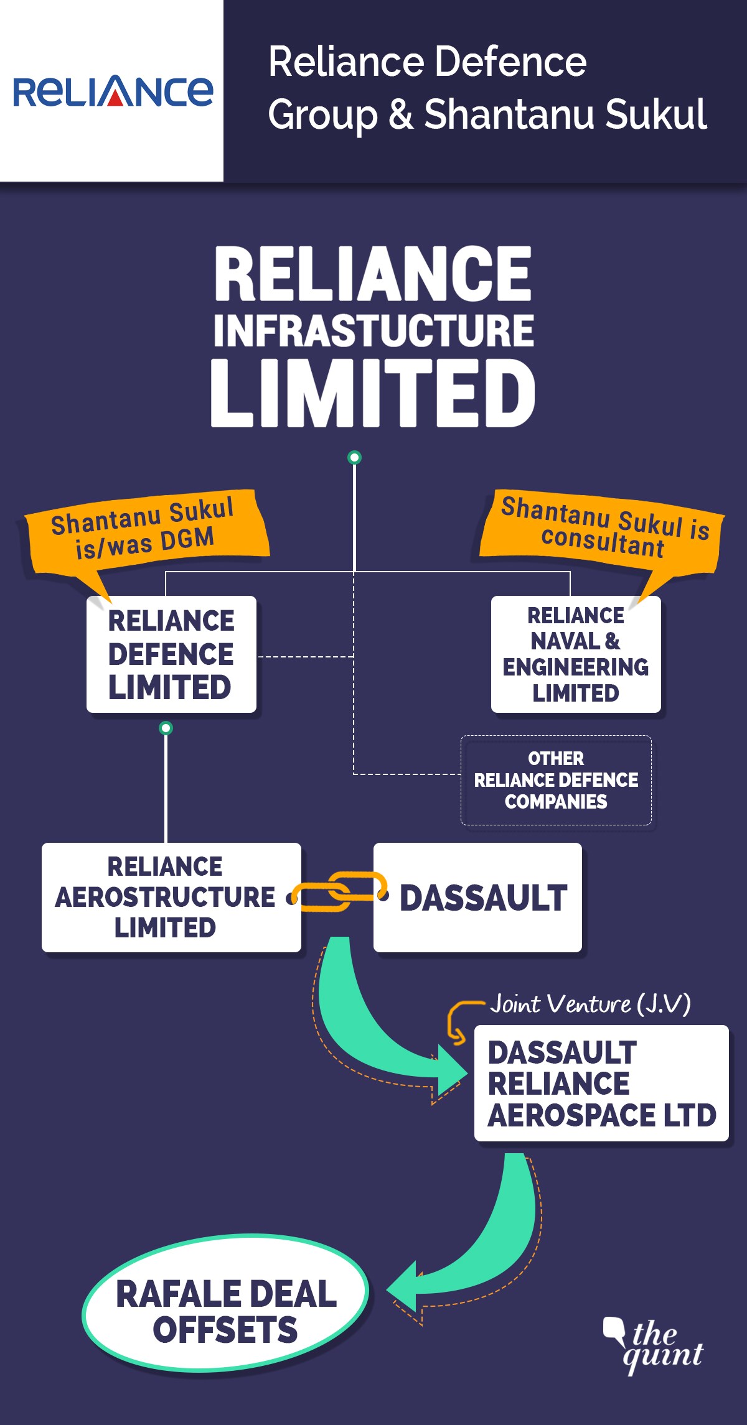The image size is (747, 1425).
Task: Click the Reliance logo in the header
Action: click(x=113, y=91)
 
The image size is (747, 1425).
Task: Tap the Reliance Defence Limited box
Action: click(x=171, y=654)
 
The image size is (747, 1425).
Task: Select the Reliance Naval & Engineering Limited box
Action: click(x=575, y=654)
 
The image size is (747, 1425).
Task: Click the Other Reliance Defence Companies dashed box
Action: click(x=556, y=780)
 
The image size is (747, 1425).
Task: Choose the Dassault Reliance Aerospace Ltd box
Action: click(x=601, y=1083)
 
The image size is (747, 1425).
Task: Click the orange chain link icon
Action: click(x=339, y=892)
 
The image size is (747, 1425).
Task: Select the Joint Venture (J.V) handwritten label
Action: click(x=590, y=1003)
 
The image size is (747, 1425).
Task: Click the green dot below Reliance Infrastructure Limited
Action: click(x=354, y=458)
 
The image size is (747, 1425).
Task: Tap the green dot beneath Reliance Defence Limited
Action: click(x=166, y=728)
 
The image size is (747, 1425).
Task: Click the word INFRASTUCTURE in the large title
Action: click(x=374, y=330)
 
